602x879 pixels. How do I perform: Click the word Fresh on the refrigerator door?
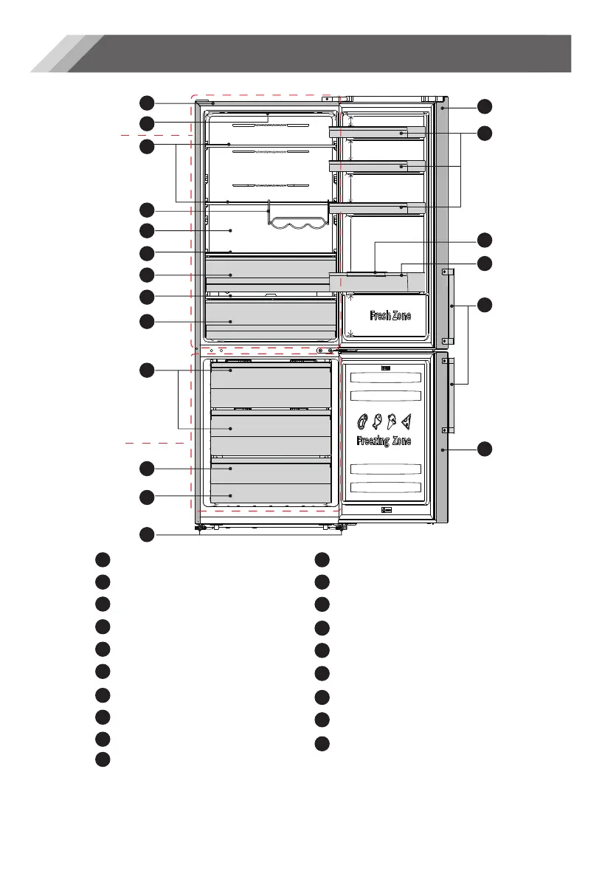[x=379, y=316]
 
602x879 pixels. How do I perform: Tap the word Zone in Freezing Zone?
[x=401, y=441]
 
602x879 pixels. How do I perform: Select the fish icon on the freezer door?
[x=377, y=421]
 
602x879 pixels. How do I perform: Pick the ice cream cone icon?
[x=392, y=421]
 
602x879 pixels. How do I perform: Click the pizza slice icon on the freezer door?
[x=406, y=421]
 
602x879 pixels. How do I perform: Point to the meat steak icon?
[x=363, y=421]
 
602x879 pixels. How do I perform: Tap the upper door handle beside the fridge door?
[x=448, y=306]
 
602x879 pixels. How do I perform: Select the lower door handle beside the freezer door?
[x=448, y=396]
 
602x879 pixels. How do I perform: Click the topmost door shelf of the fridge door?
[x=377, y=133]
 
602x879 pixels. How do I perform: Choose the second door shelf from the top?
[x=377, y=167]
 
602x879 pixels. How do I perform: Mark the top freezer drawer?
[x=271, y=386]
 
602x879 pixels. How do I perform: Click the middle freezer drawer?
[x=271, y=435]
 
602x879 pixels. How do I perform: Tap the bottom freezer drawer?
[x=271, y=482]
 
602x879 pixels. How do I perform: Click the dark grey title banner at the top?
[x=319, y=53]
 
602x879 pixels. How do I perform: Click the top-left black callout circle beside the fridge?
[x=147, y=103]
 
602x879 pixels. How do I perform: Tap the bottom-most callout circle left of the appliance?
[x=147, y=534]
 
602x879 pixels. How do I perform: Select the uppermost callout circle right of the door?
[x=484, y=106]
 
